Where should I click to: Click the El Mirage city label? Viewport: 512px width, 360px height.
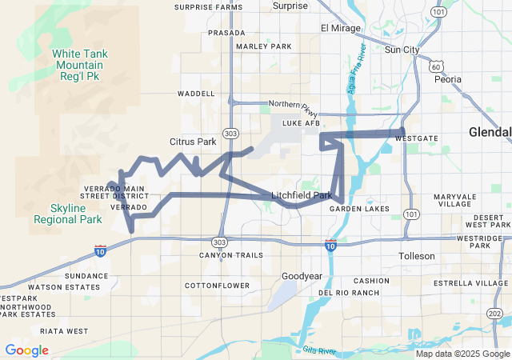(341, 28)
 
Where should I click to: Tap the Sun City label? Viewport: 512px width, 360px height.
(402, 50)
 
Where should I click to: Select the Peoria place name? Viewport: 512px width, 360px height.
(448, 79)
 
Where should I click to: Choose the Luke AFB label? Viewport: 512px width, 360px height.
(301, 124)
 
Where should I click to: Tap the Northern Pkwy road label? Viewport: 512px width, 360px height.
(294, 104)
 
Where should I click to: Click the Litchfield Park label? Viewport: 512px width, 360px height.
(302, 195)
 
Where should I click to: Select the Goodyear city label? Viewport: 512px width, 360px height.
(302, 276)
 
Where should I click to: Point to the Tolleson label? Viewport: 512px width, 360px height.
(417, 256)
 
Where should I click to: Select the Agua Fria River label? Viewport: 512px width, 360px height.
(357, 67)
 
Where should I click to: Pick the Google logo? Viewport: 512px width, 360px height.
(26, 350)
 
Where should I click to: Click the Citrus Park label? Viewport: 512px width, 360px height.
(193, 142)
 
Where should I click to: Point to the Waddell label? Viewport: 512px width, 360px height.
(196, 94)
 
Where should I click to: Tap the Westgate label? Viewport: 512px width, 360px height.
(416, 138)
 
